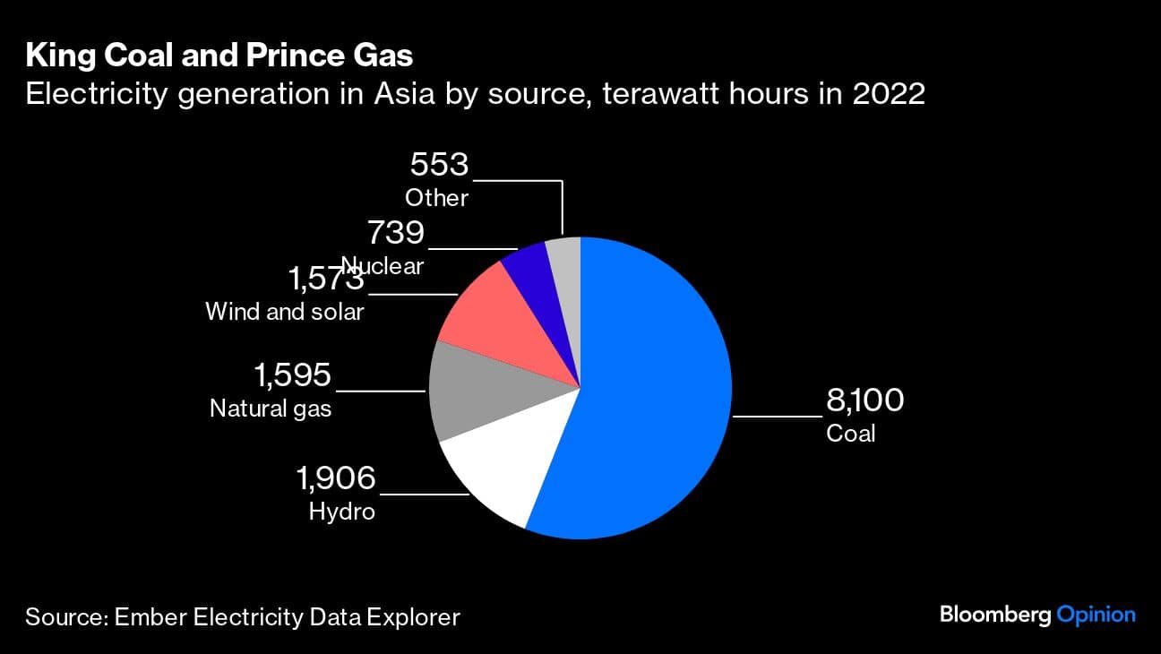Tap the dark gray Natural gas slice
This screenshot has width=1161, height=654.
(488, 394)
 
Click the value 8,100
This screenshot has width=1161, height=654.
(864, 400)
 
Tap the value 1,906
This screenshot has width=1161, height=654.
(336, 478)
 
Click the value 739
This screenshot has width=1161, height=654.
(395, 233)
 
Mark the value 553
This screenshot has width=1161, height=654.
(439, 166)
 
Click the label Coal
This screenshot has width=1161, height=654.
(851, 434)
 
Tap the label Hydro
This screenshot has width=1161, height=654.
(341, 512)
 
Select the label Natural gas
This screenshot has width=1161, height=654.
(271, 409)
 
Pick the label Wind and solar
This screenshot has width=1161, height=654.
(285, 312)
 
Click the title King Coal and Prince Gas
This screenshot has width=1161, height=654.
(219, 56)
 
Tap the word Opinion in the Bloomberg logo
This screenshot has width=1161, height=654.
(1096, 615)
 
